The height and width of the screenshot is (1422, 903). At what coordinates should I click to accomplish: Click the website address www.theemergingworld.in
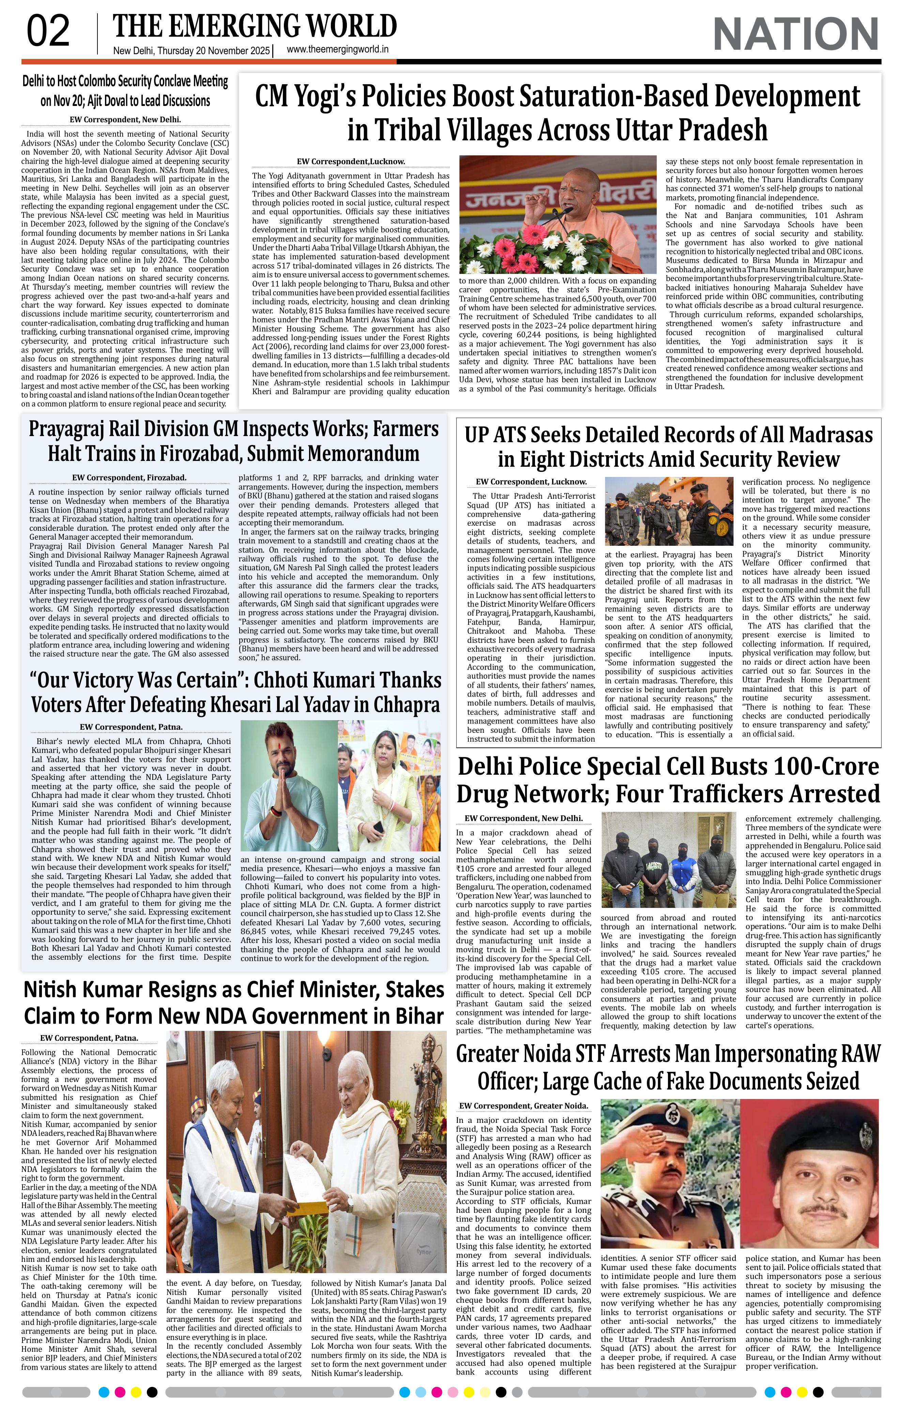click(x=337, y=50)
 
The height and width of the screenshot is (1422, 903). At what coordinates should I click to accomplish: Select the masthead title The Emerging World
click(x=255, y=27)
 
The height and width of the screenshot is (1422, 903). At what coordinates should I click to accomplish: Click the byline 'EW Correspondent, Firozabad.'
click(x=129, y=477)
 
